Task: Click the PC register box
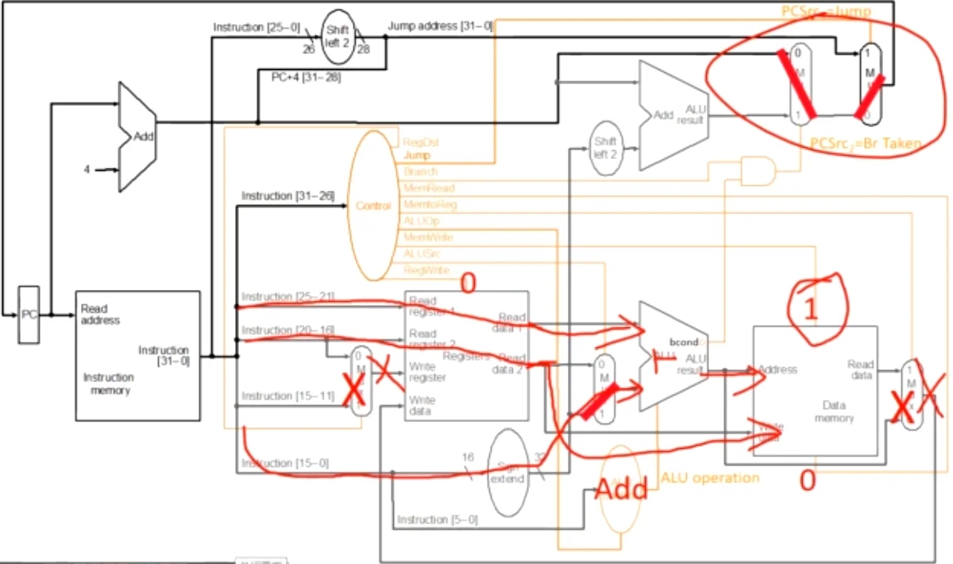tap(29, 315)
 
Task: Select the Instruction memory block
tap(137, 355)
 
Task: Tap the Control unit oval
tap(372, 206)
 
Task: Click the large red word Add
tap(622, 489)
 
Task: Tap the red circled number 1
tap(810, 310)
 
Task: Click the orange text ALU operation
tap(710, 477)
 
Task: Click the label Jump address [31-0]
tap(440, 26)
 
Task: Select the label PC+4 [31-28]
tap(295, 75)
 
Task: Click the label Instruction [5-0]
tap(438, 520)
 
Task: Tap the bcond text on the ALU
tap(682, 342)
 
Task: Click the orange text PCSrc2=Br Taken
tap(866, 144)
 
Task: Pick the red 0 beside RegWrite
tap(468, 284)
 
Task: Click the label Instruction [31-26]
tap(287, 195)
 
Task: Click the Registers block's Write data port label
tap(421, 406)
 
